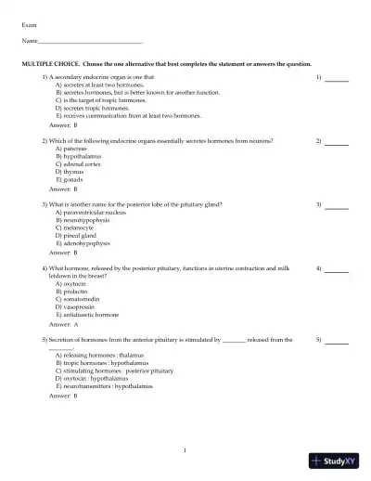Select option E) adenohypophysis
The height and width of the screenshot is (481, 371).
83,242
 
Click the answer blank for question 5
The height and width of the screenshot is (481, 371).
337,342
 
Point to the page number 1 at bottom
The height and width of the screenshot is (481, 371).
185,449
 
